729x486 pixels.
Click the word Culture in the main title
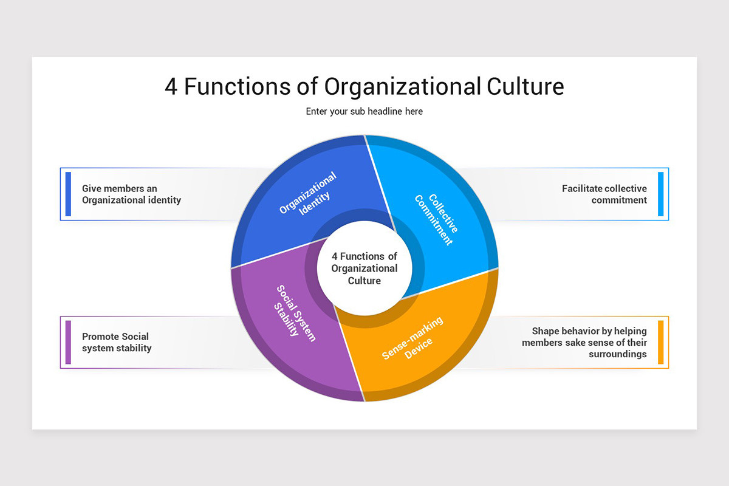525,87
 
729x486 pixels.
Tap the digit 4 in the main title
171,87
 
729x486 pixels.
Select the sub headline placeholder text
364,111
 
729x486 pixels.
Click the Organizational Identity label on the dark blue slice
307,193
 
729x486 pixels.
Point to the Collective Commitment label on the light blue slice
436,219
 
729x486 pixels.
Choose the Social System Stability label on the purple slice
295,313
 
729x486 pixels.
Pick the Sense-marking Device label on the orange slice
412,338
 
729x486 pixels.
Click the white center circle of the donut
364,269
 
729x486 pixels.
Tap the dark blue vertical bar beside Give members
68,194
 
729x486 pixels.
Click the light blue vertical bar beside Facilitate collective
661,194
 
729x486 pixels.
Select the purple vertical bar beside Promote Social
68,342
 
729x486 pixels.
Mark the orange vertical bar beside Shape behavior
661,342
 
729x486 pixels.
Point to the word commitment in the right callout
619,200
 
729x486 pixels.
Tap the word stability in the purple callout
134,348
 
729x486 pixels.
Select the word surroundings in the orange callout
618,354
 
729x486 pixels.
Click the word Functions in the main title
238,87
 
